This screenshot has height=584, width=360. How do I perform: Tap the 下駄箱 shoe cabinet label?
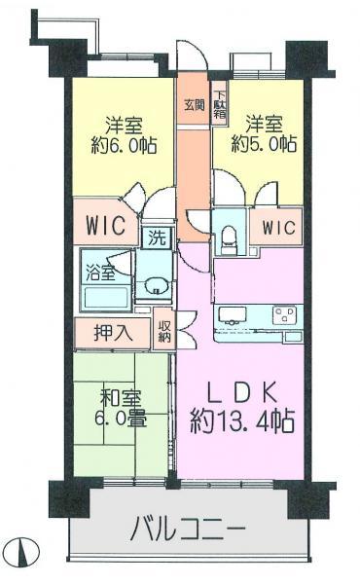(222, 105)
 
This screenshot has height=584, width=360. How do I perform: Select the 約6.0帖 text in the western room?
(126, 145)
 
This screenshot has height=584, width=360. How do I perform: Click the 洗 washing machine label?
(155, 237)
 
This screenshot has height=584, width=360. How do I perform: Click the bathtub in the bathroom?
(104, 297)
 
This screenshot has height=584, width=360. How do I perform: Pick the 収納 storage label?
(164, 330)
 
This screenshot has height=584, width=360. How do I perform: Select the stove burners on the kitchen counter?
(285, 314)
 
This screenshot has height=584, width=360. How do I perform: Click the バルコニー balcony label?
(186, 530)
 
